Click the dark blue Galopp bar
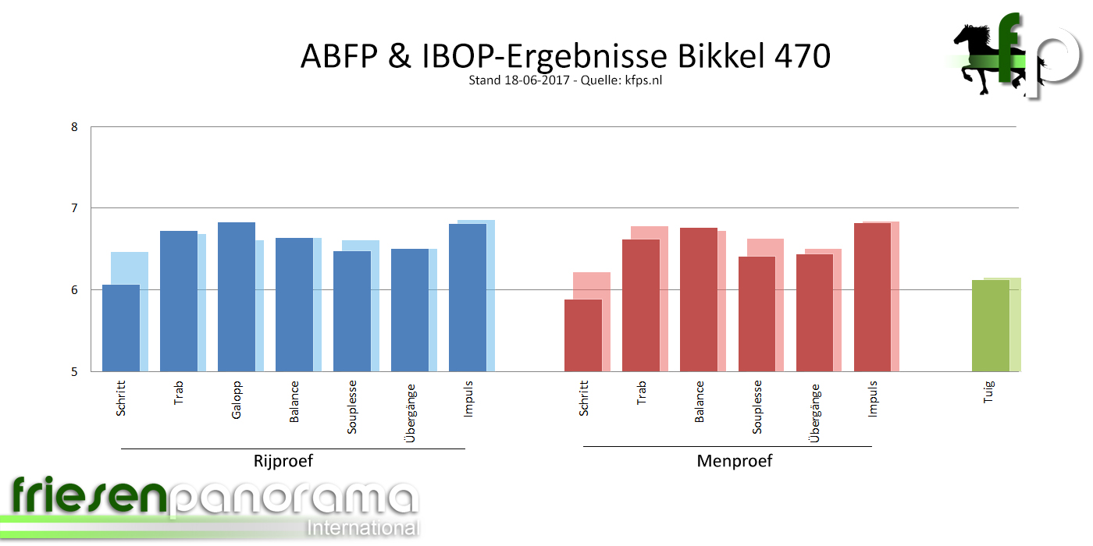[x=236, y=296]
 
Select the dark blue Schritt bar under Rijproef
[x=120, y=328]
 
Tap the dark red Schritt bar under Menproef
[x=583, y=335]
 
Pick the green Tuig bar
[x=990, y=325]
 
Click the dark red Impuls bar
[x=872, y=296]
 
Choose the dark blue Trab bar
[x=178, y=300]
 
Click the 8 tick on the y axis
[x=75, y=126]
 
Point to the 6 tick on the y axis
[x=75, y=290]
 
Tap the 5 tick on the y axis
[x=75, y=372]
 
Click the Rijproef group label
[x=283, y=461]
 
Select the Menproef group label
[x=734, y=461]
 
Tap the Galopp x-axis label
[x=236, y=400]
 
